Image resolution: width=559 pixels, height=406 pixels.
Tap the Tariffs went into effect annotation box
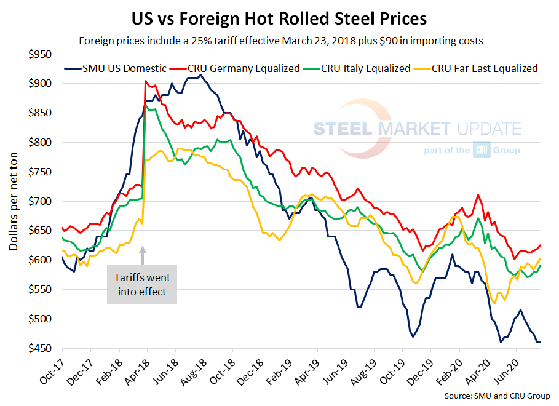click(141, 284)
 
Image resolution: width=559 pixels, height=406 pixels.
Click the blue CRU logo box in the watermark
click(480, 150)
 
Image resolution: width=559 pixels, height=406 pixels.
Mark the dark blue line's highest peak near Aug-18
click(200, 75)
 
